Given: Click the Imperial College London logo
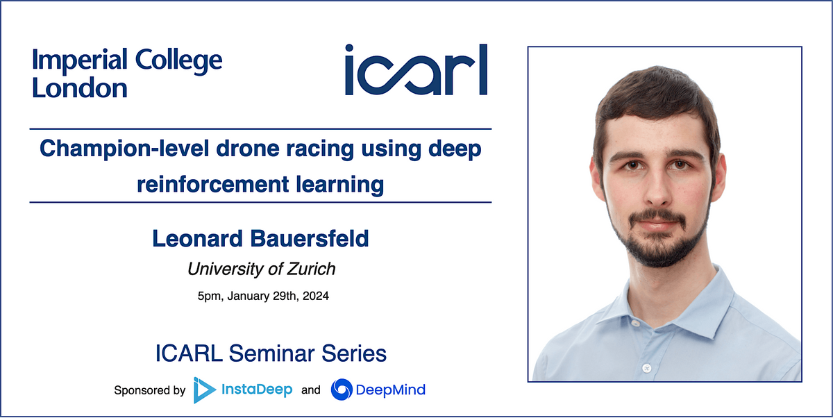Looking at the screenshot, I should tap(127, 74).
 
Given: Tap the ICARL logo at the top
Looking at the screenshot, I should tap(416, 70).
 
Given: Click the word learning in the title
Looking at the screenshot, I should tap(340, 185).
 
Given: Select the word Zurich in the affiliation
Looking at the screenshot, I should tap(312, 268).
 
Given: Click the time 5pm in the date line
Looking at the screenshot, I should tap(208, 296).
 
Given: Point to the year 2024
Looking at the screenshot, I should tap(316, 296).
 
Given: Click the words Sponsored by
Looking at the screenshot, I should tap(149, 390).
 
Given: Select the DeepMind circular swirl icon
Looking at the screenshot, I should tap(341, 390).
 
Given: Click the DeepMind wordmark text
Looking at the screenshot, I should tap(390, 390).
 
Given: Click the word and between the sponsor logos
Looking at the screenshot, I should tap(311, 390).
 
